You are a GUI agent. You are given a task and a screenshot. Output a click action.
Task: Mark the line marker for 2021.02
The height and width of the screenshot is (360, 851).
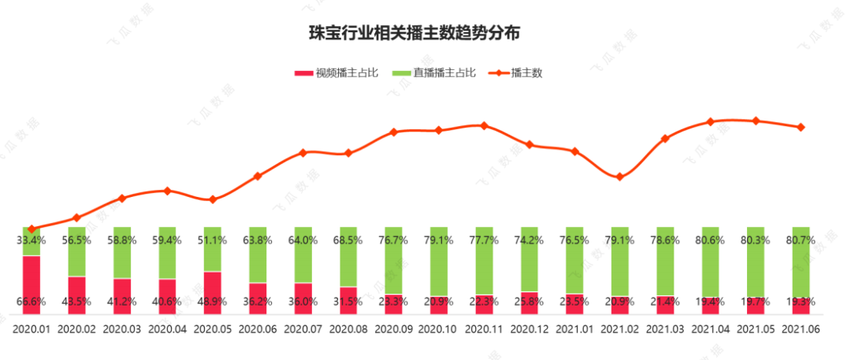point(620,176)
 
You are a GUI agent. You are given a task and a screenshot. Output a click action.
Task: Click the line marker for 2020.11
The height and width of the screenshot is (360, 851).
point(484,125)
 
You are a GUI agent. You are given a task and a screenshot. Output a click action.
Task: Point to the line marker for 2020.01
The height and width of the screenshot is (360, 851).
point(32,228)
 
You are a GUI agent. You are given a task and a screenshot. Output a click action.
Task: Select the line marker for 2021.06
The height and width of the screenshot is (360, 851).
point(801,127)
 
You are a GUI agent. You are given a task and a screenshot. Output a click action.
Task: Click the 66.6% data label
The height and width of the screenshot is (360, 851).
point(31,301)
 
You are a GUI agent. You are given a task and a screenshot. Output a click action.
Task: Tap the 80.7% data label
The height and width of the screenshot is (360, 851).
point(801,240)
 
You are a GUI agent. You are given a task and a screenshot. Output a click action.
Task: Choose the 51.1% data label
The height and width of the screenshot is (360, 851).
point(213,240)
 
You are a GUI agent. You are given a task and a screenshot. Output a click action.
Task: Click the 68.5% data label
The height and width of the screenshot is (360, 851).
point(348,240)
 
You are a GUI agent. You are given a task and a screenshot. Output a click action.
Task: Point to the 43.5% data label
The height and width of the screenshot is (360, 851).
point(76,301)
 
